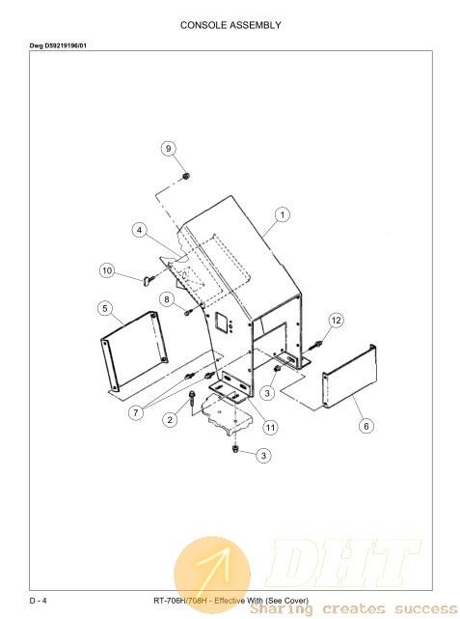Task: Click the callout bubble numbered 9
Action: [x=169, y=149]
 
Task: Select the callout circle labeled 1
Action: [x=282, y=214]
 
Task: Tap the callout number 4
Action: [x=139, y=230]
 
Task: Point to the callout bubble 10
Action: [x=107, y=270]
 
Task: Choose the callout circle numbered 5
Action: [x=105, y=308]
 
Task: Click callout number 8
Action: [x=167, y=299]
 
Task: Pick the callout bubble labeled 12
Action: [x=336, y=321]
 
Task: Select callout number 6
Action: [x=366, y=426]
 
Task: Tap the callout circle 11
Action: [x=270, y=428]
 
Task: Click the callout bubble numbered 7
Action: [x=136, y=413]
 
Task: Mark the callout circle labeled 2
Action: [x=170, y=420]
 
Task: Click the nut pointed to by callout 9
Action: [x=186, y=176]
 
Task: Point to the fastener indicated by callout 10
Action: [x=148, y=279]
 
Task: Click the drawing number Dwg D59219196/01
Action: [x=58, y=45]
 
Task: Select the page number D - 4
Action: [x=38, y=601]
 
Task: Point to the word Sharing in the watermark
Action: [x=281, y=608]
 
